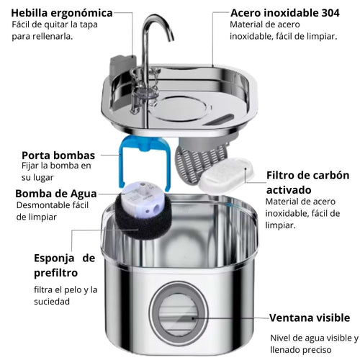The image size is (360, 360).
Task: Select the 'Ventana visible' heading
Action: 310,318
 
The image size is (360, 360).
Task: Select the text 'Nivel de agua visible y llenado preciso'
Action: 312,343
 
